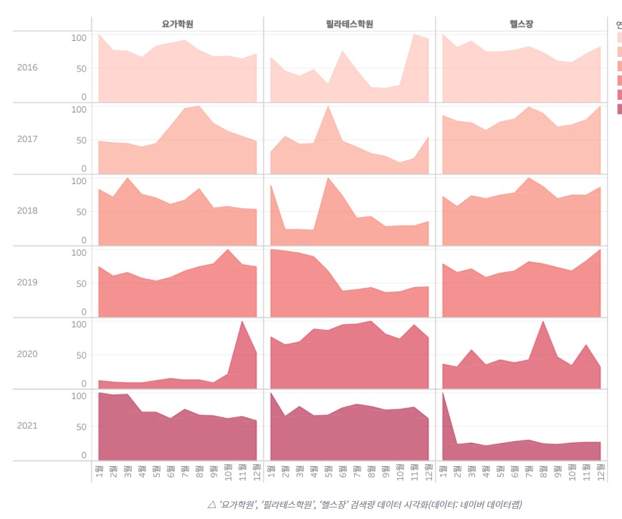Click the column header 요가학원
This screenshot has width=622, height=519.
click(178, 24)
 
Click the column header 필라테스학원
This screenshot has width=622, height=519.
click(349, 24)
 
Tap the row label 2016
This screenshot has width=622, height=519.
click(27, 68)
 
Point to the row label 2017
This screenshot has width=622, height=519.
click(27, 139)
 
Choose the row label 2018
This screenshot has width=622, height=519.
click(27, 211)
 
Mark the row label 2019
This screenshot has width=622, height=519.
click(27, 283)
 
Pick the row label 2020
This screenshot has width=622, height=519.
click(27, 354)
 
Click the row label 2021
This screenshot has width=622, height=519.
click(27, 426)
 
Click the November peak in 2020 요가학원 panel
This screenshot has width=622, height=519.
click(242, 321)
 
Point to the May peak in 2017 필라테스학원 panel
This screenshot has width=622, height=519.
click(328, 107)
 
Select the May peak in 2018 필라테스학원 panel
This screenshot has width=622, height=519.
click(328, 178)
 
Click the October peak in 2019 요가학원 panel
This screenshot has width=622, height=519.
click(228, 250)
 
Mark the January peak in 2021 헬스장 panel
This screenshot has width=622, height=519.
click(442, 393)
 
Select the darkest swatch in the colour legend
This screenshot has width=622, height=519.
click(619, 109)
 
